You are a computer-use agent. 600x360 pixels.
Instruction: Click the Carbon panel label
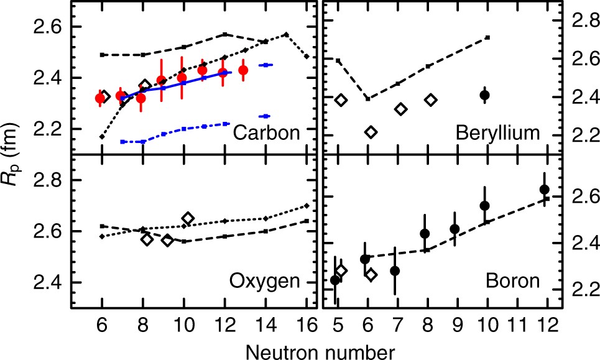pyautogui.click(x=269, y=133)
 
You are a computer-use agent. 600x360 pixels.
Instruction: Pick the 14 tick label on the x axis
pyautogui.click(x=265, y=324)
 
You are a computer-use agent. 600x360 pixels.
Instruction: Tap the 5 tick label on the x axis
pyautogui.click(x=337, y=324)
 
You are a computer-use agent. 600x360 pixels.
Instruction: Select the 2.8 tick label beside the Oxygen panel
pyautogui.click(x=51, y=180)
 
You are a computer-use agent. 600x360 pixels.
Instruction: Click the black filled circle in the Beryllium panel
pyautogui.click(x=485, y=95)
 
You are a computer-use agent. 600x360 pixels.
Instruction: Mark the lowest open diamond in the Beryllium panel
pyautogui.click(x=371, y=132)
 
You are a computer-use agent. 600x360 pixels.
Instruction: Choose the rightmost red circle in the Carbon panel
pyautogui.click(x=243, y=70)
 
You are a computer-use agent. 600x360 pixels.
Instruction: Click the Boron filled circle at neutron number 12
pyautogui.click(x=545, y=190)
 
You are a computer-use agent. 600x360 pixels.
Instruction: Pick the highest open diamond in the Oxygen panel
pyautogui.click(x=188, y=218)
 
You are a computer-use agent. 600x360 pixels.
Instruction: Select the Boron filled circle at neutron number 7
pyautogui.click(x=395, y=270)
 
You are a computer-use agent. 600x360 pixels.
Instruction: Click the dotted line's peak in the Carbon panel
pyautogui.click(x=285, y=34)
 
